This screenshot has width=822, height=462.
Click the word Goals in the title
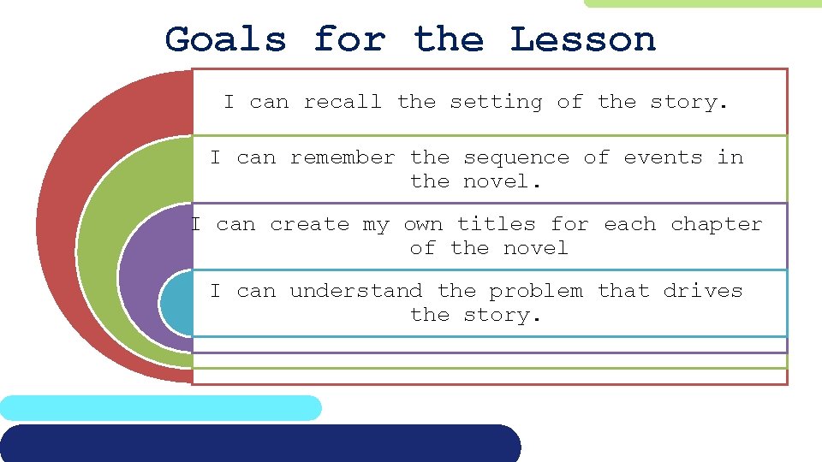(225, 39)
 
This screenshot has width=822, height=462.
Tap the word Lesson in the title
(582, 39)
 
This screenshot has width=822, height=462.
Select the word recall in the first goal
(342, 102)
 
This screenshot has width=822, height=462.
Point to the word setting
(496, 103)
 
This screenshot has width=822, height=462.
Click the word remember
(342, 157)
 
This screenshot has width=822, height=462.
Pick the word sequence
(515, 158)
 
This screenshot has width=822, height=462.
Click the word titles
(496, 224)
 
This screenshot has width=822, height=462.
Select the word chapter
(716, 225)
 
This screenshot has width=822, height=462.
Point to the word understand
(355, 291)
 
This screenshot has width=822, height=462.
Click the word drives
(702, 291)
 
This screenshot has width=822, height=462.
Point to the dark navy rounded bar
(257, 443)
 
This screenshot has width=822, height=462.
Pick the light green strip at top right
(702, 3)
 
